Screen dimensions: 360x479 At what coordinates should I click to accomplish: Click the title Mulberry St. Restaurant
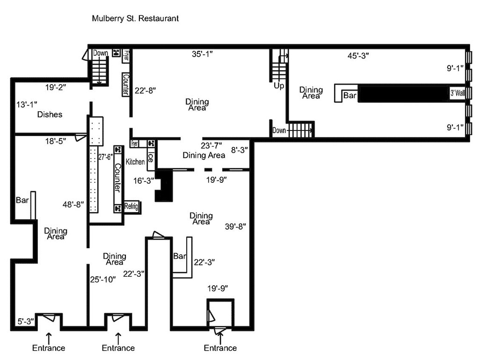pyautogui.click(x=136, y=19)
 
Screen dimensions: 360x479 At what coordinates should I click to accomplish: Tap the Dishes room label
pyautogui.click(x=50, y=115)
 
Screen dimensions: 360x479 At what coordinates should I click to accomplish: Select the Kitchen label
pyautogui.click(x=135, y=162)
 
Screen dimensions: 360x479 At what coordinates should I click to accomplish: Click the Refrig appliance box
pyautogui.click(x=131, y=207)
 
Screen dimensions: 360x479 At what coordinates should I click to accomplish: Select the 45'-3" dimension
pyautogui.click(x=358, y=56)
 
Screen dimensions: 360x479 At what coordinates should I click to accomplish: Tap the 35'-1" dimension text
pyautogui.click(x=202, y=54)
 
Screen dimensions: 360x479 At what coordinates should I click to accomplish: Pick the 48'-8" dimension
pyautogui.click(x=73, y=204)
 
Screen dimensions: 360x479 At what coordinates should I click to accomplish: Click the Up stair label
pyautogui.click(x=279, y=86)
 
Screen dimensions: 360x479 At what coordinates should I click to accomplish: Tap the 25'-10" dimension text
pyautogui.click(x=102, y=280)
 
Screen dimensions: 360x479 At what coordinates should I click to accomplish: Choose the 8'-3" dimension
pyautogui.click(x=239, y=150)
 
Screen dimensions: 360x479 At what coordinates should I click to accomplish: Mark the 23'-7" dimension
pyautogui.click(x=211, y=145)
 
